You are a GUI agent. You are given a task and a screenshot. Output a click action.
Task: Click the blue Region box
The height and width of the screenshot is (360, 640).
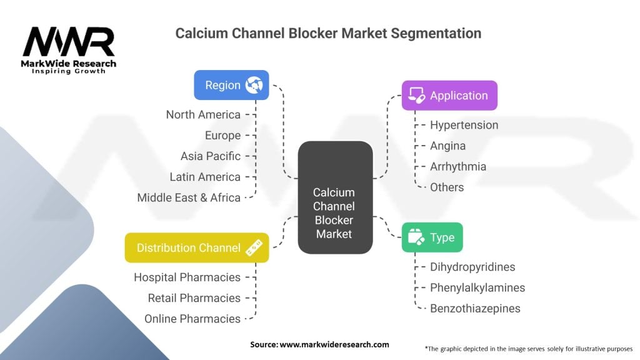tap(231, 85)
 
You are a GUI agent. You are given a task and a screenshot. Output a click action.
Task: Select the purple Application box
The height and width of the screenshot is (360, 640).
tap(449, 96)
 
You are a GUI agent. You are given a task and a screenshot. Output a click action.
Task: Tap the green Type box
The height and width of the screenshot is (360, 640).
tap(432, 237)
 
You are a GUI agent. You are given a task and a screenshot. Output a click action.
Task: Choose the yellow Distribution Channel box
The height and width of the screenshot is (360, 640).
tap(197, 247)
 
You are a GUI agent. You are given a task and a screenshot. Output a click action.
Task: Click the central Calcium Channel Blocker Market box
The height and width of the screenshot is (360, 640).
tap(334, 197)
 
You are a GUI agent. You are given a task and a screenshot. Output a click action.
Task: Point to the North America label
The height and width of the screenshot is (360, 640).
tap(203, 114)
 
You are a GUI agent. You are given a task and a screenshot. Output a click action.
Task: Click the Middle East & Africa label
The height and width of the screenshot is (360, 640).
tap(189, 197)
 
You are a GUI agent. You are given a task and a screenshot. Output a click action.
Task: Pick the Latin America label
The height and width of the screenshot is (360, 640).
tap(205, 177)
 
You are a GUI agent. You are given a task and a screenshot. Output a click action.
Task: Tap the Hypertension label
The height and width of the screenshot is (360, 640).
tap(464, 125)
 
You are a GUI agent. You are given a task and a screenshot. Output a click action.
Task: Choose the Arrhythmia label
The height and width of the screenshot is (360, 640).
tap(457, 166)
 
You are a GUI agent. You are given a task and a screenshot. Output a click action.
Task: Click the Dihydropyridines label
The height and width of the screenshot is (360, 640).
tap(472, 267)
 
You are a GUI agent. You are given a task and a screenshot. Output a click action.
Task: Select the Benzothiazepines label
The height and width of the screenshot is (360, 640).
tap(475, 308)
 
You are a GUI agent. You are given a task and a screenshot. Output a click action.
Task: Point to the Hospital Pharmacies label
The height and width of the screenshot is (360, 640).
tap(187, 277)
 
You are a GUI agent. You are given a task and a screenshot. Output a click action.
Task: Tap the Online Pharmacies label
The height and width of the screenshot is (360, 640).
tap(192, 319)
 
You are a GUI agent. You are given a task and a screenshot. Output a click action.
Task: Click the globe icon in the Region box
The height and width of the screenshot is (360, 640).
tap(254, 85)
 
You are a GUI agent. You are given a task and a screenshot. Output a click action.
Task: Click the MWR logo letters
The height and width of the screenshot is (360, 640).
tap(69, 42)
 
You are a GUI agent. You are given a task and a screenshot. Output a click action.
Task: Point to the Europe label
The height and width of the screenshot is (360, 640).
tap(222, 135)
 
